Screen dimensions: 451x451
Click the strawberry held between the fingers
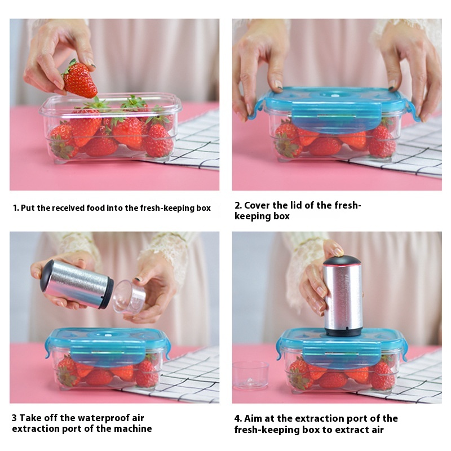[x=79, y=80]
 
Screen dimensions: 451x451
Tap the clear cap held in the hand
[x=130, y=297]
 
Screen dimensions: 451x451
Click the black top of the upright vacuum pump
[x=342, y=261]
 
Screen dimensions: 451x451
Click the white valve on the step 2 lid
[x=334, y=95]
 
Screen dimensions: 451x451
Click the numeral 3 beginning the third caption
[x=14, y=418]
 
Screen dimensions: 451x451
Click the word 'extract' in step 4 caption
[x=350, y=430]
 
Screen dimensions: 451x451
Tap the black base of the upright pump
[x=343, y=332]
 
